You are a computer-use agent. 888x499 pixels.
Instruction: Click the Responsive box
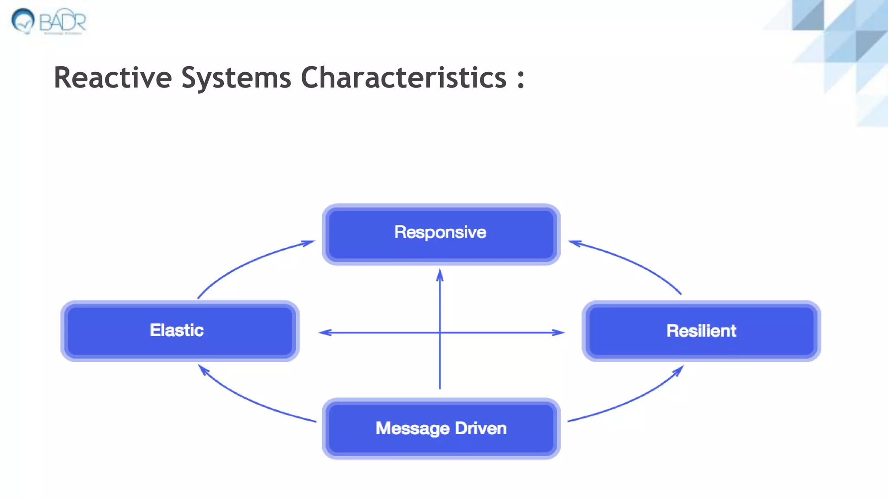point(441,234)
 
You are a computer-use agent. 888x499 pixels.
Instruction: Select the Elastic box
point(180,331)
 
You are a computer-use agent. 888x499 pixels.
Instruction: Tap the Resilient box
point(701,331)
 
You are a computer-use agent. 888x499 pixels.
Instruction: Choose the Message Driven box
point(441,428)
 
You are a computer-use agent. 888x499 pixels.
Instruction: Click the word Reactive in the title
point(113,78)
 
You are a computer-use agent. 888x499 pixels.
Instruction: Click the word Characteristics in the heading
point(403,78)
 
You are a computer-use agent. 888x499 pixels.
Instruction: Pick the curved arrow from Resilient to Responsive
point(633,262)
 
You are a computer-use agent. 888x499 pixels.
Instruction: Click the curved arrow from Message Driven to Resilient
point(633,401)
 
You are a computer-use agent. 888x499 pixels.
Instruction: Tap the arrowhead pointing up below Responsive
point(440,275)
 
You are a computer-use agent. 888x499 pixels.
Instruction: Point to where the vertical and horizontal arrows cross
point(440,333)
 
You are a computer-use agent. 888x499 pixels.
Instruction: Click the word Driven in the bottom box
point(480,428)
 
